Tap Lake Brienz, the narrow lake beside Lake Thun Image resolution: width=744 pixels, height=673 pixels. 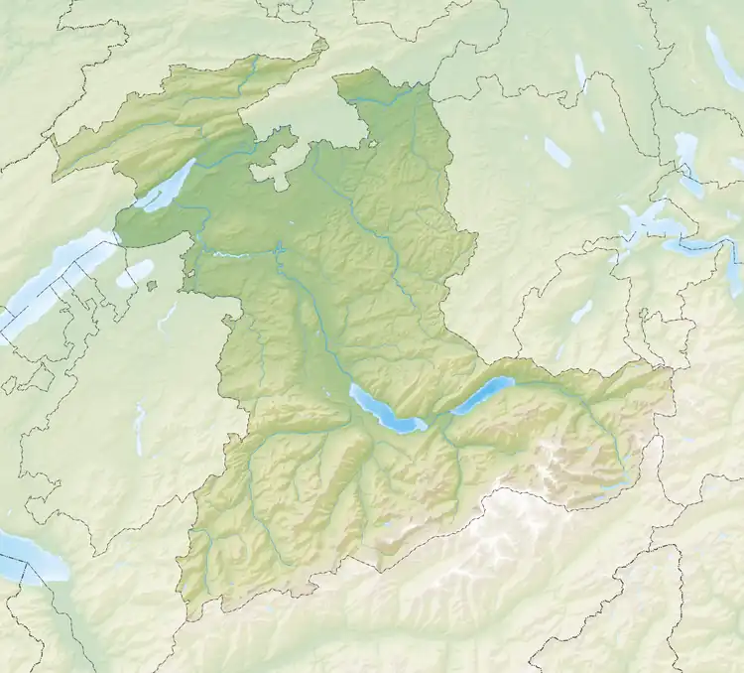pos(484,395)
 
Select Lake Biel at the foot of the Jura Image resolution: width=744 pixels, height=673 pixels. pos(167,186)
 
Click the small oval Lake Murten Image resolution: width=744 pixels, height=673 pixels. pos(135,273)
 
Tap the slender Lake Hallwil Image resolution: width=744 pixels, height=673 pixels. pos(580,73)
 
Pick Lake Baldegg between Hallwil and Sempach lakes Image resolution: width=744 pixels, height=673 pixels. pos(598,121)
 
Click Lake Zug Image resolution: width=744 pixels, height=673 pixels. pos(686,154)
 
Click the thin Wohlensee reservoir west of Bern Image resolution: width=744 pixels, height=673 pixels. pos(230,255)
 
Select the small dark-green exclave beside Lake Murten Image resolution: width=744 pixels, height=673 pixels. pos(152,287)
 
